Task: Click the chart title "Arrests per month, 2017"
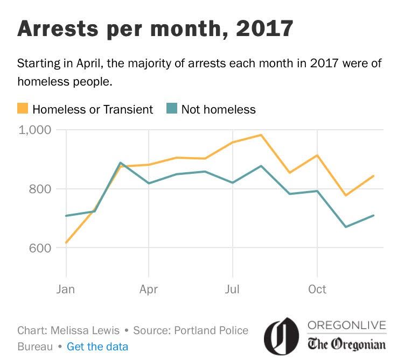coord(155,28)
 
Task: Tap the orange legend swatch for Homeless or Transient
coord(23,109)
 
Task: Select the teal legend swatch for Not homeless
coord(172,109)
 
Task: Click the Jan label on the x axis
coord(66,290)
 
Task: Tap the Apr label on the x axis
coord(148,290)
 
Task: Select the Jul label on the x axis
coord(232,290)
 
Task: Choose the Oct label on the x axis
coord(317,290)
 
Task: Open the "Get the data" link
coord(97,346)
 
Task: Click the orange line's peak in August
coord(261,135)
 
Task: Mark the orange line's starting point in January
coord(66,243)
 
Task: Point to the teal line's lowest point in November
coord(345,227)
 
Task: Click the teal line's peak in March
coord(120,163)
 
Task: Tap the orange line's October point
coord(317,156)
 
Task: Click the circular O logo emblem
coord(281,336)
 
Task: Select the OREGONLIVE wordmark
coord(347,326)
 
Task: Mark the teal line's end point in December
coord(374,215)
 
